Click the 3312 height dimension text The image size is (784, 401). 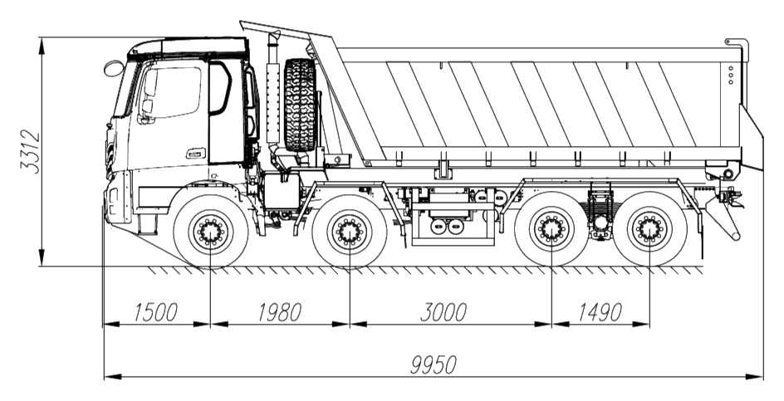(x=30, y=151)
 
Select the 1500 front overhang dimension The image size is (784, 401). (x=155, y=312)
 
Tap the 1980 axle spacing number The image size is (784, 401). (x=280, y=312)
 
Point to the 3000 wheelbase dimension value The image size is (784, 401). (x=443, y=312)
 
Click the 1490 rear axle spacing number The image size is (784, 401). (x=600, y=312)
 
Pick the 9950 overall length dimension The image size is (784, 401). (x=434, y=365)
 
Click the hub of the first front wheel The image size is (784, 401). (x=210, y=232)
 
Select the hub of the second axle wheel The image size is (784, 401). (x=349, y=232)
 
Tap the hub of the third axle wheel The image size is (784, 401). (x=551, y=229)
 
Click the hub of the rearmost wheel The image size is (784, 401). (x=650, y=229)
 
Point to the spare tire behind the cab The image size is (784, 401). (x=300, y=105)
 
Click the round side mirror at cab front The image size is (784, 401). (x=114, y=68)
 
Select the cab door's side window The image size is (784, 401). (x=173, y=92)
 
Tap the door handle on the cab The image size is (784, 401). (x=196, y=153)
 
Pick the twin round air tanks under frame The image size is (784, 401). (x=447, y=226)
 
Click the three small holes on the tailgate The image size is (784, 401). (x=731, y=75)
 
